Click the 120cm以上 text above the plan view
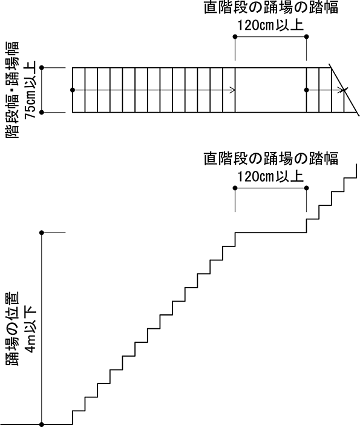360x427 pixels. pyautogui.click(x=270, y=25)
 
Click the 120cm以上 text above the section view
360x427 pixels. pyautogui.click(x=270, y=176)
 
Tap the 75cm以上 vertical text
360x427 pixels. pyautogui.click(x=30, y=90)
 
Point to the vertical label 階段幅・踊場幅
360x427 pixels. pyautogui.click(x=12, y=90)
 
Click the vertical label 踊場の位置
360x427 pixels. pyautogui.click(x=12, y=328)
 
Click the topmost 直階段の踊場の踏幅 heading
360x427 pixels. pyautogui.click(x=271, y=8)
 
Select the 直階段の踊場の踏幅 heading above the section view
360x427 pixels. pyautogui.click(x=271, y=159)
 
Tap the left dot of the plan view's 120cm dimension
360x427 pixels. pyautogui.click(x=235, y=37)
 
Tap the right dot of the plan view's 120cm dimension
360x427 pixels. pyautogui.click(x=307, y=37)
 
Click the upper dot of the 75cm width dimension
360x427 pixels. pyautogui.click(x=42, y=67)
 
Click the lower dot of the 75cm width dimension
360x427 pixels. pyautogui.click(x=42, y=112)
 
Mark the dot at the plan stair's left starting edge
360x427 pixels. pyautogui.click(x=73, y=90)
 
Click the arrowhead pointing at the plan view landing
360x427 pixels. pyautogui.click(x=232, y=90)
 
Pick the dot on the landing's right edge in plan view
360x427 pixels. pyautogui.click(x=307, y=90)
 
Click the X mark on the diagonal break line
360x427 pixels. pyautogui.click(x=344, y=90)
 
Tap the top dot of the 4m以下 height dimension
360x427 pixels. pyautogui.click(x=42, y=233)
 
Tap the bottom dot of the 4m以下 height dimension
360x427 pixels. pyautogui.click(x=42, y=425)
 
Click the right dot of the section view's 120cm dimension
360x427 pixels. pyautogui.click(x=307, y=188)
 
